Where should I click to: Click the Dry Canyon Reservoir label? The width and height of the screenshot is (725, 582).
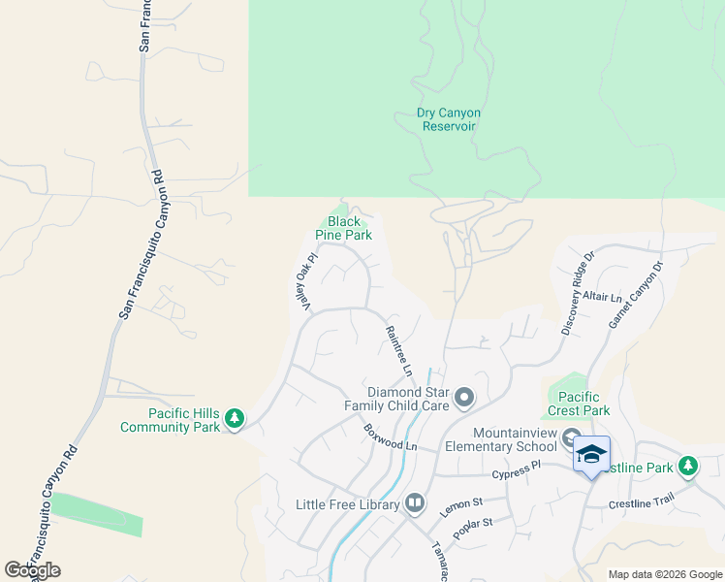pyautogui.click(x=448, y=119)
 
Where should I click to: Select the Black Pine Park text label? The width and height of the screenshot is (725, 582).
pyautogui.click(x=344, y=228)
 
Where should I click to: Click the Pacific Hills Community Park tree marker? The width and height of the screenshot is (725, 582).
pyautogui.click(x=234, y=419)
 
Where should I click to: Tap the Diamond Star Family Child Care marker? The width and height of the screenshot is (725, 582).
pyautogui.click(x=464, y=397)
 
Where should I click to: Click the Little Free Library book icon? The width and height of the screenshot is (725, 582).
pyautogui.click(x=414, y=502)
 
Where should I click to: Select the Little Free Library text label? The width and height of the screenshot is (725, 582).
pyautogui.click(x=348, y=504)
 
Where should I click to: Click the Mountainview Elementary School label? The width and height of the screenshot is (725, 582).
pyautogui.click(x=500, y=439)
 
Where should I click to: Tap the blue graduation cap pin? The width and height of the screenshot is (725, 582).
pyautogui.click(x=591, y=455)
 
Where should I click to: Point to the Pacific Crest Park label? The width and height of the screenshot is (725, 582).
pyautogui.click(x=579, y=404)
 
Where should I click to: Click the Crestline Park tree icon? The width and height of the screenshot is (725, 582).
pyautogui.click(x=688, y=467)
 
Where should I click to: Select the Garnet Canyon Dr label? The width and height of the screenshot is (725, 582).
pyautogui.click(x=637, y=293)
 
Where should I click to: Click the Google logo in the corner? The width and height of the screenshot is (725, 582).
pyautogui.click(x=33, y=570)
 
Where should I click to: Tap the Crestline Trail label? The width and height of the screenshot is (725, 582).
pyautogui.click(x=641, y=504)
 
